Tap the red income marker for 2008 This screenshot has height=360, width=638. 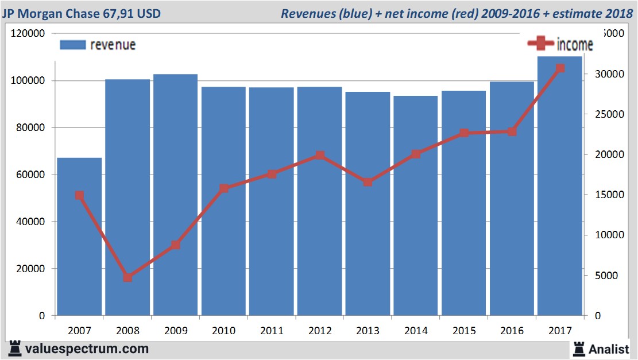pos(127,277)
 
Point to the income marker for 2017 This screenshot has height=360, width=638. pos(560,68)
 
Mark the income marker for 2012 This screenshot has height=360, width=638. pos(320,155)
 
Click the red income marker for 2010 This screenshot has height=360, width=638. pos(224,188)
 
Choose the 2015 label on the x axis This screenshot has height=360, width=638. pos(464,331)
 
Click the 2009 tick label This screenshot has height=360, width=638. pos(176,331)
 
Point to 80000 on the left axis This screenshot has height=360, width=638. pos(30,127)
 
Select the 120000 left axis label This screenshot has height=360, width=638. pos(28,33)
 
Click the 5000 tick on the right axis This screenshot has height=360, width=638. pos(606,276)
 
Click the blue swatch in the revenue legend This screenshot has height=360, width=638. pos(72,45)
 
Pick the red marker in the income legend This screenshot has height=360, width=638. pos(540,44)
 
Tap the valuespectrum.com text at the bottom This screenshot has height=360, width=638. pos(87,349)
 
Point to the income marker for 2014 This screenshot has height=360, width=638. pos(416,154)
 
